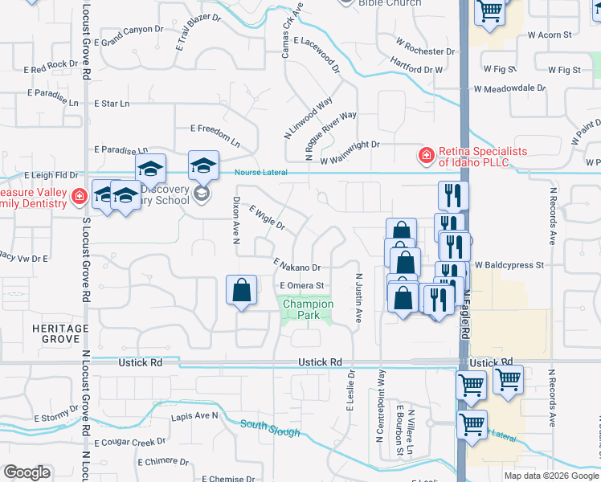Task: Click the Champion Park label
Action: tap(308, 309)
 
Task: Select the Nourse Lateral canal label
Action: tap(261, 173)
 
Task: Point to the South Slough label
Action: tap(270, 428)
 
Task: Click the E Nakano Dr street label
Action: tap(297, 264)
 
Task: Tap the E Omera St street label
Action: tap(301, 285)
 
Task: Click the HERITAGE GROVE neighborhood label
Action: tap(61, 334)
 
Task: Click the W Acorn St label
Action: tap(545, 35)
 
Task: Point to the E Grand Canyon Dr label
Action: tap(133, 35)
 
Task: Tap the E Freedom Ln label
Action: tap(215, 134)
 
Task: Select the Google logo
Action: tap(27, 472)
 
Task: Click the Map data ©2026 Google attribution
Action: tap(550, 476)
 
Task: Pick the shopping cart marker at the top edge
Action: tap(489, 11)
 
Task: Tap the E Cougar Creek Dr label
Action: tap(129, 443)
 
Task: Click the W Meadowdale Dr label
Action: tap(509, 88)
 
